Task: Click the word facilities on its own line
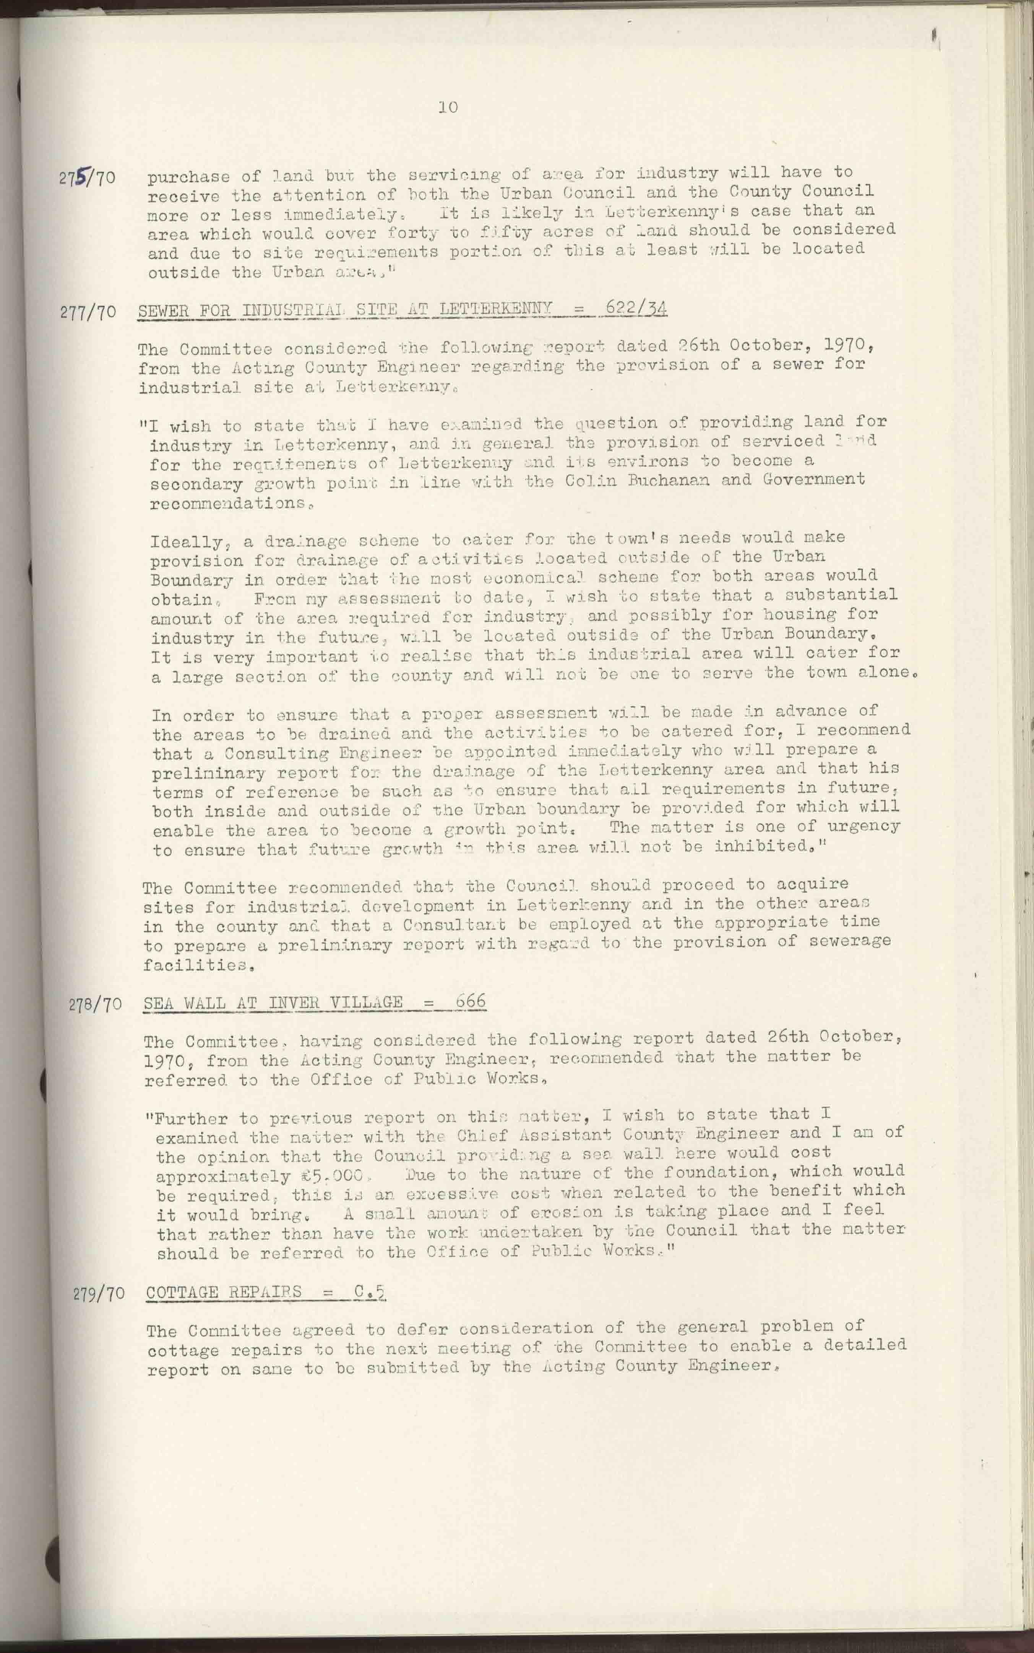pos(194,965)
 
